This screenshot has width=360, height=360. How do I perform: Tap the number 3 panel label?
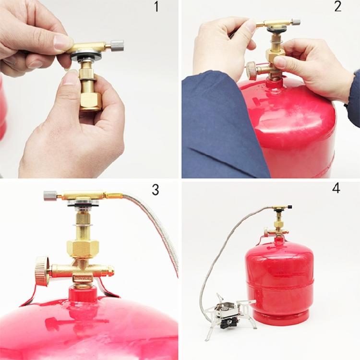tap(155, 190)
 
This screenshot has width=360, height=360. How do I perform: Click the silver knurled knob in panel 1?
tap(117, 46)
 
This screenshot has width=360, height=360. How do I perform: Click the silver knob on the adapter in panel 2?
tap(296, 22)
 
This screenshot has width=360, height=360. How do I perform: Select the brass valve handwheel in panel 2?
tap(252, 71)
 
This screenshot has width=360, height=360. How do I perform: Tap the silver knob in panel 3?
tap(50, 195)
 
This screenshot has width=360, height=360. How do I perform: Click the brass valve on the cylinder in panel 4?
tap(277, 230)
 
